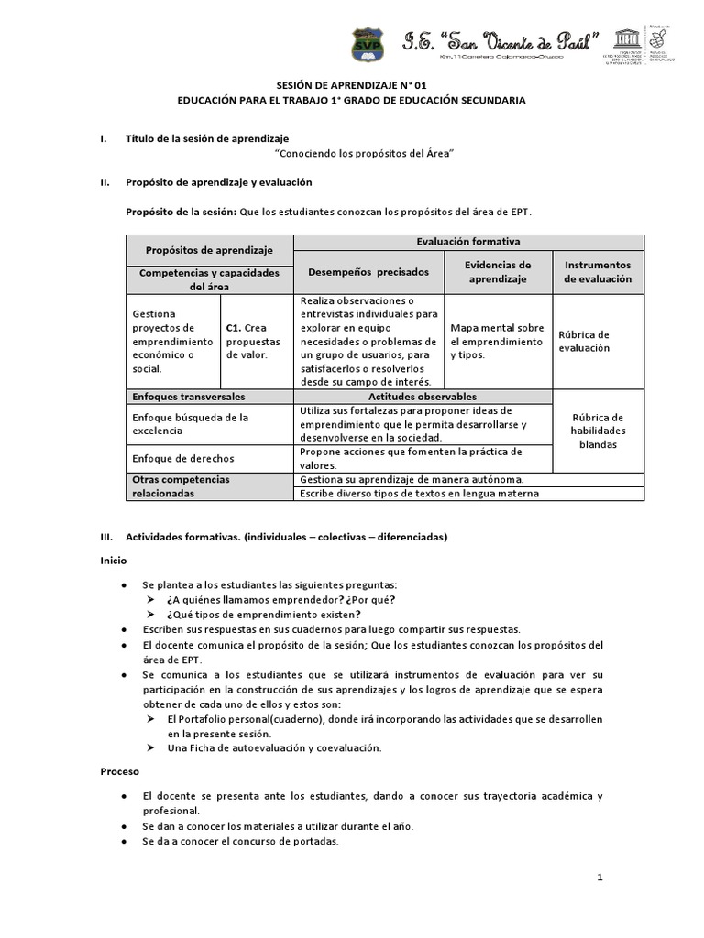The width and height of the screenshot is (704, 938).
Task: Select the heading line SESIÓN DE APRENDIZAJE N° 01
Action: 352,82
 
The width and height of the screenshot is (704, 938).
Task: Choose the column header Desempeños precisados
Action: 368,271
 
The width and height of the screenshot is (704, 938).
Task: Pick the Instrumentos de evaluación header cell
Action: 598,271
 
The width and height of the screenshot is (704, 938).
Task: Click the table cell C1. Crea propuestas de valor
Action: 255,341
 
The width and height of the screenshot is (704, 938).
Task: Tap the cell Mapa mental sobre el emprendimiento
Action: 498,341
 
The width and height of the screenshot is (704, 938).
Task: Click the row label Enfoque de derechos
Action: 183,457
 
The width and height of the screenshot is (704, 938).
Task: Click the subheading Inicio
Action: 114,560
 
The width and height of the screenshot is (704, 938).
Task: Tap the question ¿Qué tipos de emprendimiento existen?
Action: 264,614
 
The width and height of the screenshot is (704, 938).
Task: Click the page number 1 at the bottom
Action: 599,878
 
